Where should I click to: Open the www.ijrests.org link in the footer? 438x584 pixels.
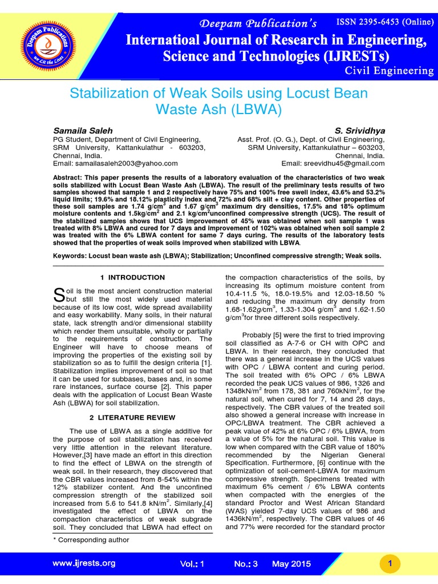click(x=83, y=563)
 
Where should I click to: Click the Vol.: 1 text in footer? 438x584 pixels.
click(x=192, y=563)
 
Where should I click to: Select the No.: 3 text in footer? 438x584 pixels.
click(x=246, y=563)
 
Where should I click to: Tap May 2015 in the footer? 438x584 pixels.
click(x=293, y=563)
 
